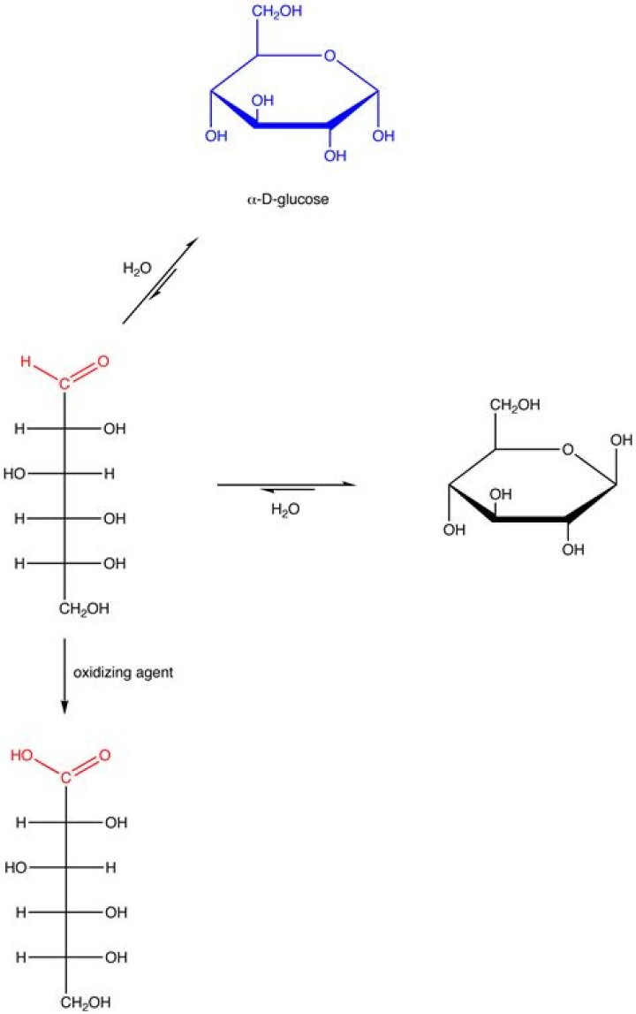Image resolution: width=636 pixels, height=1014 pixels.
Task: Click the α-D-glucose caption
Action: [288, 200]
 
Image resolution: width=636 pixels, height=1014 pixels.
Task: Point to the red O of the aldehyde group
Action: [103, 362]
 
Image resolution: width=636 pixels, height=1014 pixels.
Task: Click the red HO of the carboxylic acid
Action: [22, 756]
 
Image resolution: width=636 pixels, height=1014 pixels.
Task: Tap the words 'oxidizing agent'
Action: [123, 672]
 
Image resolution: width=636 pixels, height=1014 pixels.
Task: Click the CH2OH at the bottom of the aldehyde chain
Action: [85, 609]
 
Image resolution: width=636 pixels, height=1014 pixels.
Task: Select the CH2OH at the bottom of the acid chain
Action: [85, 1003]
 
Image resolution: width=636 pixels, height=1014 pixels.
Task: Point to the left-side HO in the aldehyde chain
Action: [15, 474]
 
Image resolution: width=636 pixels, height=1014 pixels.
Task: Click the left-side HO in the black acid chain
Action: [15, 867]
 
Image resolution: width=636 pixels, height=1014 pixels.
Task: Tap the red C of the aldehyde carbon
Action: [64, 385]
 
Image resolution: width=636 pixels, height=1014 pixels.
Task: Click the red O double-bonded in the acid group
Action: [103, 756]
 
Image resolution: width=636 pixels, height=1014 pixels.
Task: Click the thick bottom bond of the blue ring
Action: [292, 126]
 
